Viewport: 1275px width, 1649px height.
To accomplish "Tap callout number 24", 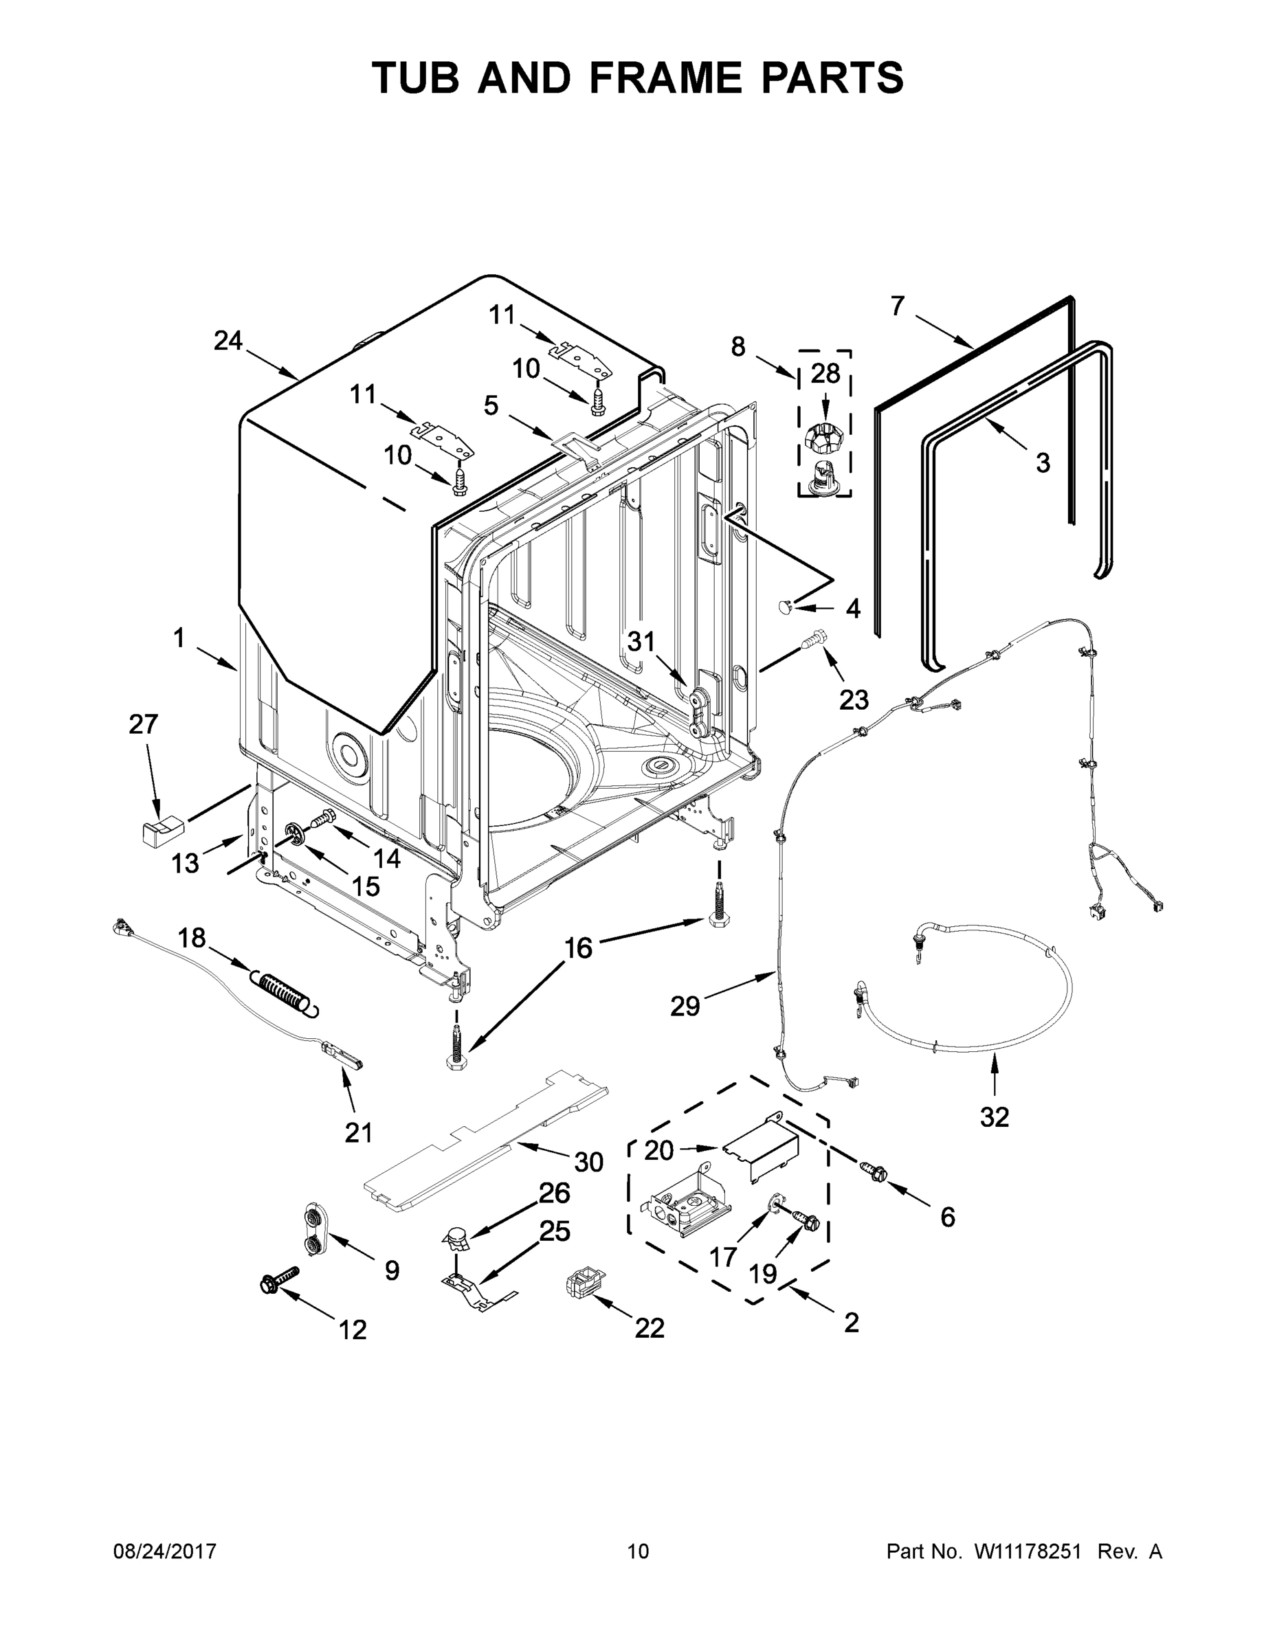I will point(228,341).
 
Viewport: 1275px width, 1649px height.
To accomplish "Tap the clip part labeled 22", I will point(586,1281).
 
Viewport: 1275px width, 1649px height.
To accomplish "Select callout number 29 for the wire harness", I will point(685,1006).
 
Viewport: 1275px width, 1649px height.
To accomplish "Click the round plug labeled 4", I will point(786,605).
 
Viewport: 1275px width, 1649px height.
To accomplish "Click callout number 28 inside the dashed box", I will point(825,372).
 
